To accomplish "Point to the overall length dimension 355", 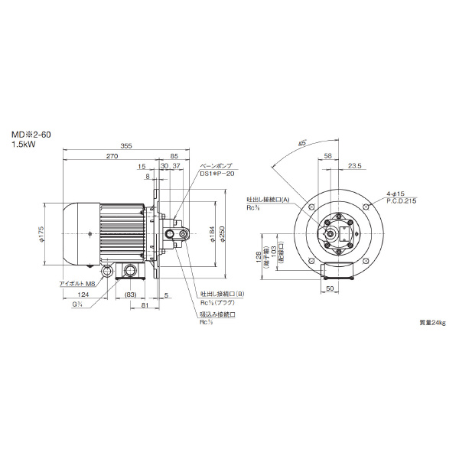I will point(127,146).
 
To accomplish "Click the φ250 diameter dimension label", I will point(222,235).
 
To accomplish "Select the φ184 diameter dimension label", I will point(211,235).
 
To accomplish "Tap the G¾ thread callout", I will point(77,305).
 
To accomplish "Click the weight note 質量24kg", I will point(432,324).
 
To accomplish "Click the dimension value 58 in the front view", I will point(328,155).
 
